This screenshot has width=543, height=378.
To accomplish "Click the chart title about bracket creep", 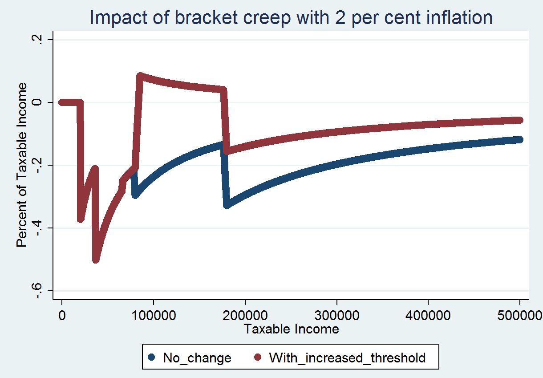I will click(x=291, y=18).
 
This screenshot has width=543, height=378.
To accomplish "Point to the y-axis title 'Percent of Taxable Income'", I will click(x=21, y=165).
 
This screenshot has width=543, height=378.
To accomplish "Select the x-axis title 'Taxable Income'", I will click(x=291, y=329).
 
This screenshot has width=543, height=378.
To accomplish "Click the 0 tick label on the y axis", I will click(x=37, y=102).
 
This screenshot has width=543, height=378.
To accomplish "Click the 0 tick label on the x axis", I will click(x=62, y=315).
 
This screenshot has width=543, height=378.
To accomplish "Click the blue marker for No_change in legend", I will click(x=152, y=357).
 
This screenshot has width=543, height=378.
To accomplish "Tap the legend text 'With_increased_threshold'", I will click(x=347, y=357).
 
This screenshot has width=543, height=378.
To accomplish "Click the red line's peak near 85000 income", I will click(x=140, y=76).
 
